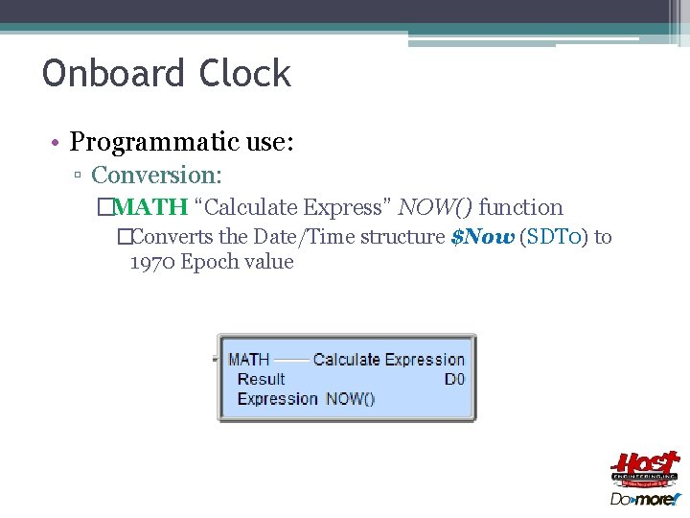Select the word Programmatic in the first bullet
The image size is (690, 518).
152,143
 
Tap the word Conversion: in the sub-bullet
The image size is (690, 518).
156,176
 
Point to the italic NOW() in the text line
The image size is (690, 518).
435,207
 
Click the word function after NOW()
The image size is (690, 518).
520,207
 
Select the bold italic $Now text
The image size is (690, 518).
482,237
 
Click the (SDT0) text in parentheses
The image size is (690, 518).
554,237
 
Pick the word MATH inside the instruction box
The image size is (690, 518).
249,360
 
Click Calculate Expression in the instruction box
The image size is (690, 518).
388,360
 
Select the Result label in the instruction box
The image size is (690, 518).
261,379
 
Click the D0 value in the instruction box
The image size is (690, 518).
454,379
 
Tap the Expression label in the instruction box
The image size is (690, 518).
277,399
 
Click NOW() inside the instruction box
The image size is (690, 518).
350,399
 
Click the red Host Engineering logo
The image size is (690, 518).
644,469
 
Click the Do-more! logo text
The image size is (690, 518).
644,498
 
